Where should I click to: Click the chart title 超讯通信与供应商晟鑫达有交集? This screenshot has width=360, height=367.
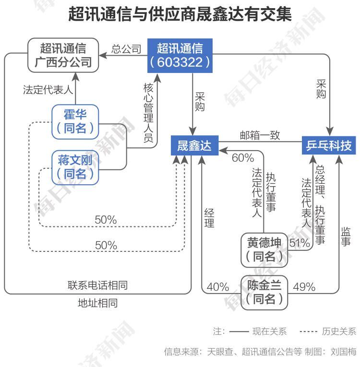[x=180, y=14]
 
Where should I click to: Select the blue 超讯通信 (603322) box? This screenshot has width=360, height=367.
[x=180, y=55]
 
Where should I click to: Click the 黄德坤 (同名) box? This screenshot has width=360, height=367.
[x=264, y=249]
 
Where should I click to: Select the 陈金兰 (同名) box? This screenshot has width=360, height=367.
[x=264, y=293]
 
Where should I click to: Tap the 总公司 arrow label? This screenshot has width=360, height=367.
[x=126, y=49]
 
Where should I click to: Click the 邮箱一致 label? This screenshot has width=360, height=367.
[x=260, y=135]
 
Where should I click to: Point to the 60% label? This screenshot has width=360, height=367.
[x=242, y=158]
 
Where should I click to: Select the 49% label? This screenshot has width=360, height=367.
[x=304, y=287]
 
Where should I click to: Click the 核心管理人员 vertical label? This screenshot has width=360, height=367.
[x=148, y=113]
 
